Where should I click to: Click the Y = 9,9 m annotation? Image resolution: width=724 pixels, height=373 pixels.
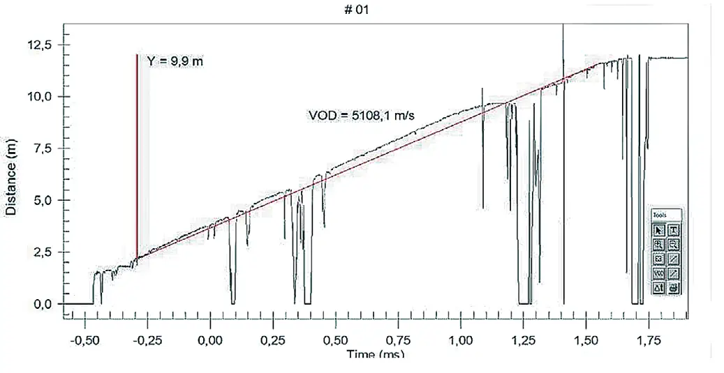pyautogui.click(x=175, y=61)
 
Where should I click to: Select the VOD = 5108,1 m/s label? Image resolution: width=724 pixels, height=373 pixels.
pyautogui.click(x=362, y=115)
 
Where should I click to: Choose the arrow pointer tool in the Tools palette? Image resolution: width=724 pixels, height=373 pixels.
pyautogui.click(x=658, y=230)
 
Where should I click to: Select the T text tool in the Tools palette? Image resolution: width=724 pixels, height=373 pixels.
pyautogui.click(x=674, y=230)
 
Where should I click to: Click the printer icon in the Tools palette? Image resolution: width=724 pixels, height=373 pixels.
pyautogui.click(x=674, y=287)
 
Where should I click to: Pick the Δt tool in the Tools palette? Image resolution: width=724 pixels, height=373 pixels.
pyautogui.click(x=658, y=287)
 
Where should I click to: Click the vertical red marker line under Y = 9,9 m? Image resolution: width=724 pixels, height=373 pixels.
pyautogui.click(x=137, y=153)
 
